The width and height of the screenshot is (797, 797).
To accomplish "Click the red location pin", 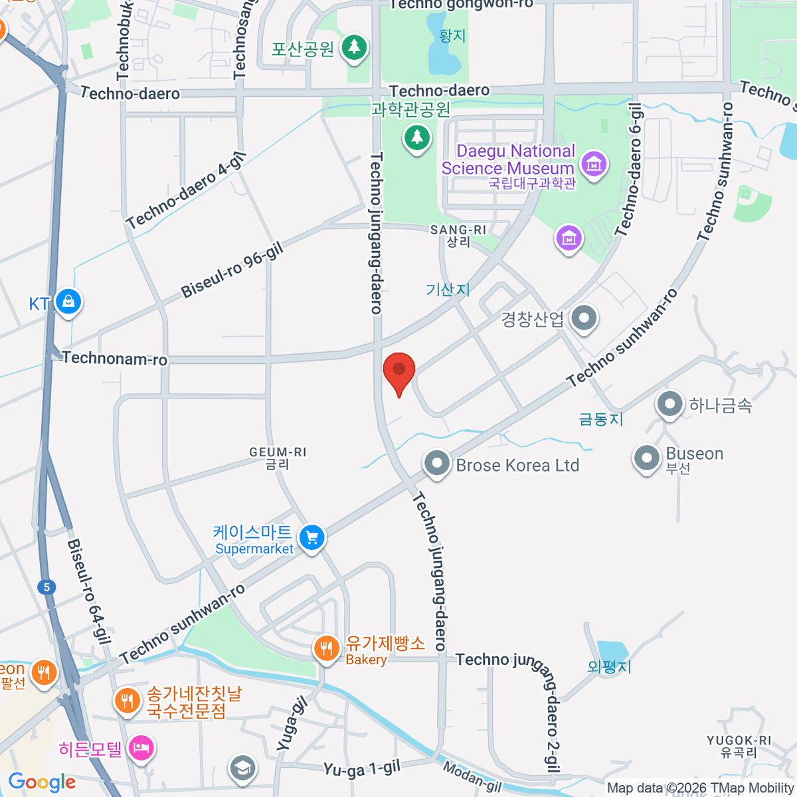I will click(x=399, y=371).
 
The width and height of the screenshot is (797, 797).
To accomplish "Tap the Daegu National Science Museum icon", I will click(x=593, y=163).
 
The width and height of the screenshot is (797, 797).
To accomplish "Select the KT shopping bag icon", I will click(x=68, y=302).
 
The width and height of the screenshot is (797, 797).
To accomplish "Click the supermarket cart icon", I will click(x=311, y=537).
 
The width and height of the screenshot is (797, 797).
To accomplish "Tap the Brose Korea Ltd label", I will click(x=517, y=466).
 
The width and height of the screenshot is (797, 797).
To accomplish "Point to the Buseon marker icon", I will click(x=646, y=458).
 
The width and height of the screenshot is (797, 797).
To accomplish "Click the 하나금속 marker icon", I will click(x=669, y=403).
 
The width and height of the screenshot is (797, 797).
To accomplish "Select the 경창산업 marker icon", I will click(x=584, y=318).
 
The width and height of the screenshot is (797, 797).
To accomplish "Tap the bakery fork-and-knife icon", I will click(x=325, y=648).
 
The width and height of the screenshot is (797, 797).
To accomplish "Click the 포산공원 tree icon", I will click(x=354, y=47).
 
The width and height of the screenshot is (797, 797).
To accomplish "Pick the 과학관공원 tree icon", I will click(x=417, y=137).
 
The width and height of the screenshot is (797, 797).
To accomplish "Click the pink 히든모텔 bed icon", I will click(x=141, y=749).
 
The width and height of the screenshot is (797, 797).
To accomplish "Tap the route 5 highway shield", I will click(x=46, y=587).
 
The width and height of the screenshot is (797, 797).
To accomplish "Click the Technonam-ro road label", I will click(x=115, y=359).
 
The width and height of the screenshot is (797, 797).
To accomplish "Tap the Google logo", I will click(x=42, y=782).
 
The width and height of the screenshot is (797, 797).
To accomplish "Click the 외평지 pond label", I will click(x=609, y=666).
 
